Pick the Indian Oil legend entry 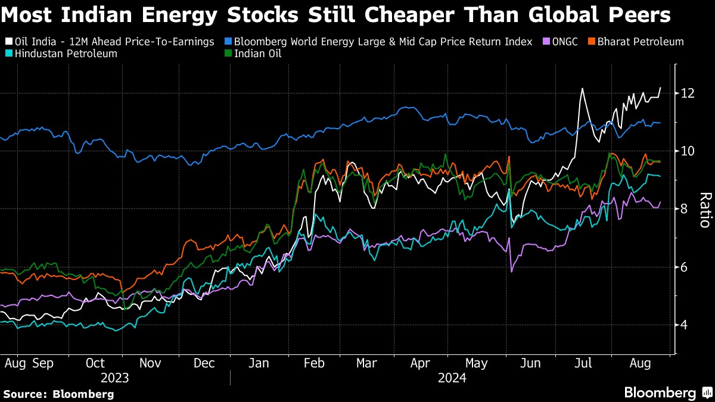[257, 54]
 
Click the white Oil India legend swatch [8, 42]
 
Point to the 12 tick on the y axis [688, 94]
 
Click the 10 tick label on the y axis [688, 151]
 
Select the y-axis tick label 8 [685, 209]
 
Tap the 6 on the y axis [685, 267]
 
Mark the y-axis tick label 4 [685, 325]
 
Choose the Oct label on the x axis [95, 363]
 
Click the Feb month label [314, 363]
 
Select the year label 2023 [115, 378]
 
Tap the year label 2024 [452, 378]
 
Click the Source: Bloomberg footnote [58, 394]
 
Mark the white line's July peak [582, 89]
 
